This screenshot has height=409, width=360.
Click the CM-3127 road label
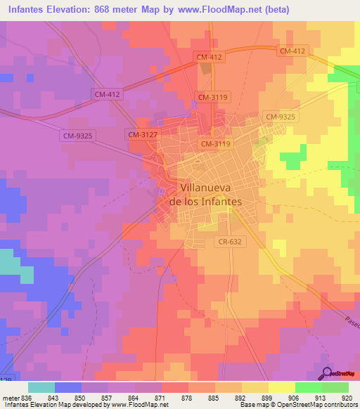click(142, 134)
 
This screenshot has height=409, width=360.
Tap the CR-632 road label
click(231, 241)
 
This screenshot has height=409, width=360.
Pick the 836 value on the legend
click(27, 397)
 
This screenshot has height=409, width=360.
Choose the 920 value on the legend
click(348, 397)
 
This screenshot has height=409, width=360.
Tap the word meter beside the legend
click(10, 397)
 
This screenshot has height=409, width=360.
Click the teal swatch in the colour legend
click(41, 387)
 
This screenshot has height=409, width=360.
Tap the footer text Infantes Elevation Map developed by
click(56, 405)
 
